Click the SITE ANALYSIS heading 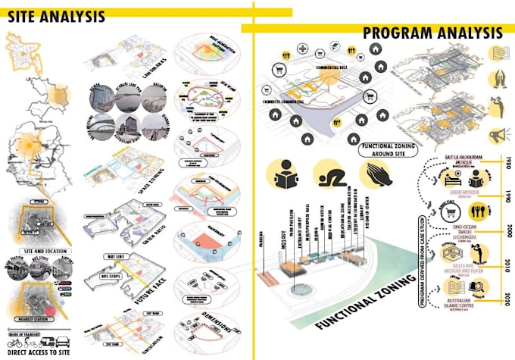pos(57,17)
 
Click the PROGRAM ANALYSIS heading pos(432,33)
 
